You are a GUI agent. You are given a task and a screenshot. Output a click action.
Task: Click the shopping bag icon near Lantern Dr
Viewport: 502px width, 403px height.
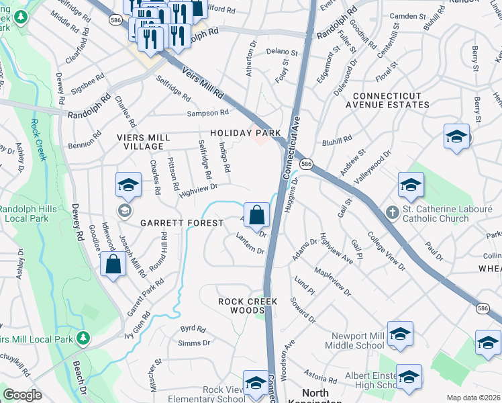point(256,216)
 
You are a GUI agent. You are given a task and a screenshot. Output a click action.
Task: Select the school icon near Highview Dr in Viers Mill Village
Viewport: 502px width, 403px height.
point(128,186)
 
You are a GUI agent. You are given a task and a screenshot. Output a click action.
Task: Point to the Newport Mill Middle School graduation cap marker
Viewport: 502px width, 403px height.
point(400,334)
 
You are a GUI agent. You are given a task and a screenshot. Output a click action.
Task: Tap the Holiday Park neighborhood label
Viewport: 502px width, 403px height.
point(245,133)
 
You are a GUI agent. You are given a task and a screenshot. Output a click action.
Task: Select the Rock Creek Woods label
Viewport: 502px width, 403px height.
point(248,306)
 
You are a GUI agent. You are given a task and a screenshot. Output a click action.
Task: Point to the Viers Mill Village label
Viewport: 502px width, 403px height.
point(140,141)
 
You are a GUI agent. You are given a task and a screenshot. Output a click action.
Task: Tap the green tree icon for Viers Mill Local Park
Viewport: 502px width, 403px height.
point(83,337)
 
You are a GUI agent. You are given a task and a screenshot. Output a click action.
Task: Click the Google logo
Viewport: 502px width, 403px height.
point(22,395)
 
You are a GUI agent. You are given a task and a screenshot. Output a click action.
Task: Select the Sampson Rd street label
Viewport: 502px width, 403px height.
point(208,113)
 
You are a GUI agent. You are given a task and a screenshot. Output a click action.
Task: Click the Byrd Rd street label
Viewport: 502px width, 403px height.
point(193,329)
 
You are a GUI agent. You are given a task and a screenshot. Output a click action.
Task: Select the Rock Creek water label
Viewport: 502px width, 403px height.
point(38,140)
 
